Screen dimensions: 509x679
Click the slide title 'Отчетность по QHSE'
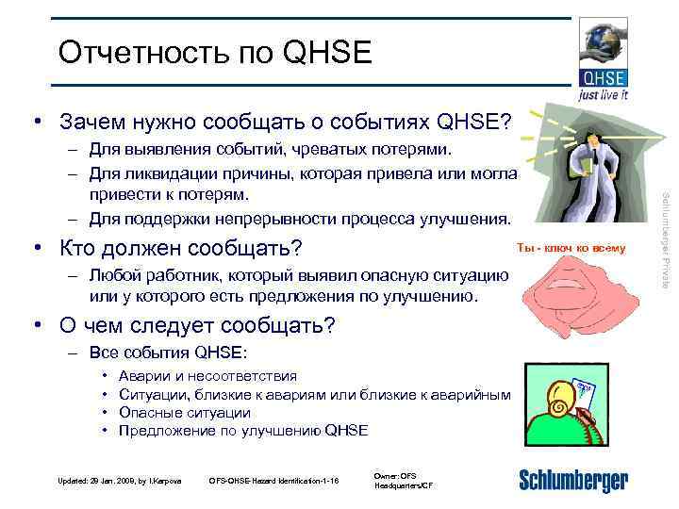pyautogui.click(x=215, y=53)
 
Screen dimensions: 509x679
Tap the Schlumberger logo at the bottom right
pyautogui.click(x=572, y=480)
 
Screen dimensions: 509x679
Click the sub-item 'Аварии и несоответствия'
pyautogui.click(x=207, y=376)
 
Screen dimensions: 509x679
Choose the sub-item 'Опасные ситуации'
pyautogui.click(x=184, y=412)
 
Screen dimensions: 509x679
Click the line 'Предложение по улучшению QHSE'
pyautogui.click(x=243, y=430)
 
